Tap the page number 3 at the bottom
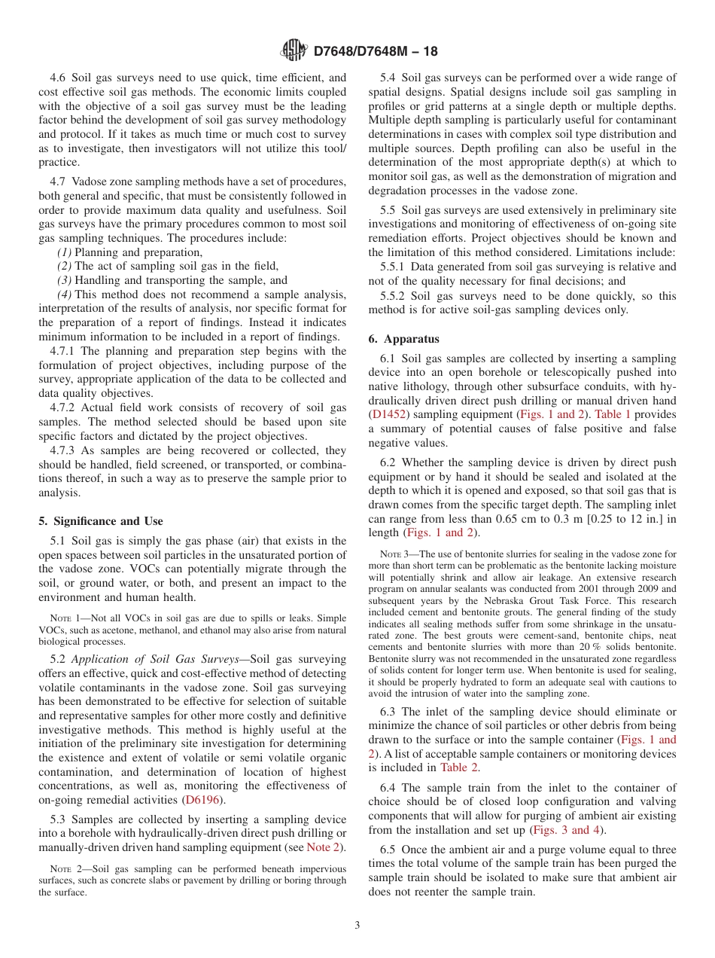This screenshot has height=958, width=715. [357, 926]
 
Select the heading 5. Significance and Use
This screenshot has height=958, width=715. [100, 521]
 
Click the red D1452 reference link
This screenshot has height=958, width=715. [386, 415]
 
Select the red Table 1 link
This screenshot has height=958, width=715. [613, 415]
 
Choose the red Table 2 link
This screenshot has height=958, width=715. [460, 767]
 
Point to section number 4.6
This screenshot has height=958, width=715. [59, 78]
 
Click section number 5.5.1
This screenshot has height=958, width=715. [394, 267]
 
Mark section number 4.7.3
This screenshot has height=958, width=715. [64, 450]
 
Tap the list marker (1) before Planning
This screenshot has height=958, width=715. [65, 252]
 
